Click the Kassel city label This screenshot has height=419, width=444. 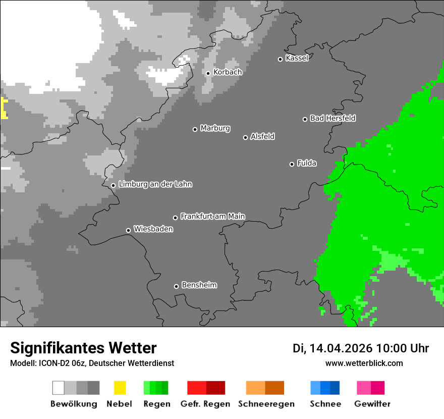click(297, 58)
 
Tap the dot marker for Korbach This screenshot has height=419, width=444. click(208, 73)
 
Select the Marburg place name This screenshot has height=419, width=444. click(215, 128)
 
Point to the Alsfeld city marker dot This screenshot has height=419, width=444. click(245, 137)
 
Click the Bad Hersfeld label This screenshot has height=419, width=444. click(332, 118)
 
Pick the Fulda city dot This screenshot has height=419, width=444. click(292, 164)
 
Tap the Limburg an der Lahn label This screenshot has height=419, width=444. click(155, 184)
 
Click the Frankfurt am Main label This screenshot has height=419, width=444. click(212, 217)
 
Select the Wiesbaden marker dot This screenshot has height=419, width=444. click(128, 230)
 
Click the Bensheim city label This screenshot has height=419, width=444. click(199, 285)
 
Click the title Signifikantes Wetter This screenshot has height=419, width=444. click(83, 348)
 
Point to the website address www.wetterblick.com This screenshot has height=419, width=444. click(364, 363)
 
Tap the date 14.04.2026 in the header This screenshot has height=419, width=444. click(341, 348)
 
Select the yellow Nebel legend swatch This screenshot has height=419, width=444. click(120, 388)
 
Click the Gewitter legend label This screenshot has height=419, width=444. click(372, 404)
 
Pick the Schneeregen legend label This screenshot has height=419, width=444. click(266, 404)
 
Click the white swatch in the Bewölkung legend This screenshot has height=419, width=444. click(59, 388)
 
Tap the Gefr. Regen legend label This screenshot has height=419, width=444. click(205, 404)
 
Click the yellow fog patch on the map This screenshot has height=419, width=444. click(4, 108)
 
